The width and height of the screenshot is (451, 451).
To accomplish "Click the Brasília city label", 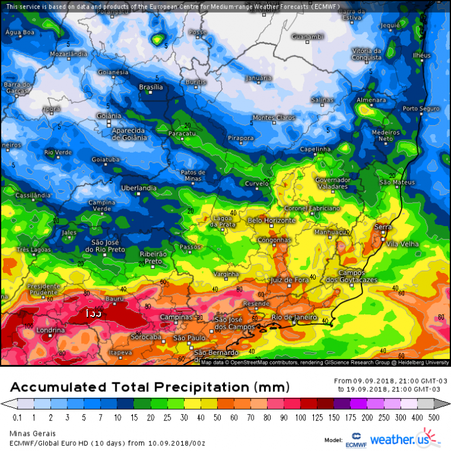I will (150, 87).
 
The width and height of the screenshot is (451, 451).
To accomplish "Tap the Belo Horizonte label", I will (272, 221).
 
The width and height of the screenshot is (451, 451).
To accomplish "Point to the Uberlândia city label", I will (139, 188).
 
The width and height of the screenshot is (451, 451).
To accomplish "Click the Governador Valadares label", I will (333, 183).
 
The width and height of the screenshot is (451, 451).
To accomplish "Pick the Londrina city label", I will (51, 331).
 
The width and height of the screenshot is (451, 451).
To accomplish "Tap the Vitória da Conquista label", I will (366, 54).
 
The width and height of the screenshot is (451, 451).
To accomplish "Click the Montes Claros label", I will (274, 117).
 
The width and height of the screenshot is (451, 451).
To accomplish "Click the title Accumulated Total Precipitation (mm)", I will (150, 386).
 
